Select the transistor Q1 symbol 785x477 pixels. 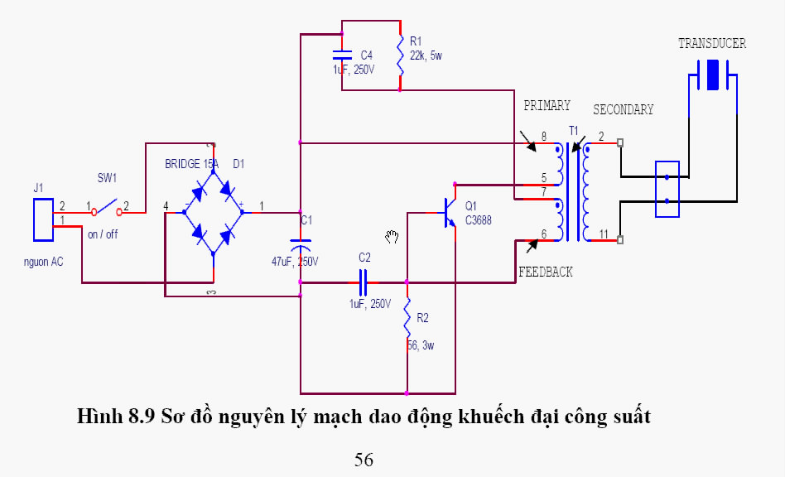coord(448,211)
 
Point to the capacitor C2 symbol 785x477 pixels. coord(363,282)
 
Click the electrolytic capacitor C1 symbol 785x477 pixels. coord(301,244)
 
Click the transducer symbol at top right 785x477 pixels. coord(711,79)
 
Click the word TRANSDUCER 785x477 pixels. coord(711,44)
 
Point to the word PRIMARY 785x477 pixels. coord(547,105)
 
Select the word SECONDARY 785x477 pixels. coord(623,109)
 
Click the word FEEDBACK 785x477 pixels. coord(545,272)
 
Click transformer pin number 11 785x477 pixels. coord(603,234)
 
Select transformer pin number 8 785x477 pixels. coord(543,136)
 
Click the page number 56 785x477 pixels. coord(364,460)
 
